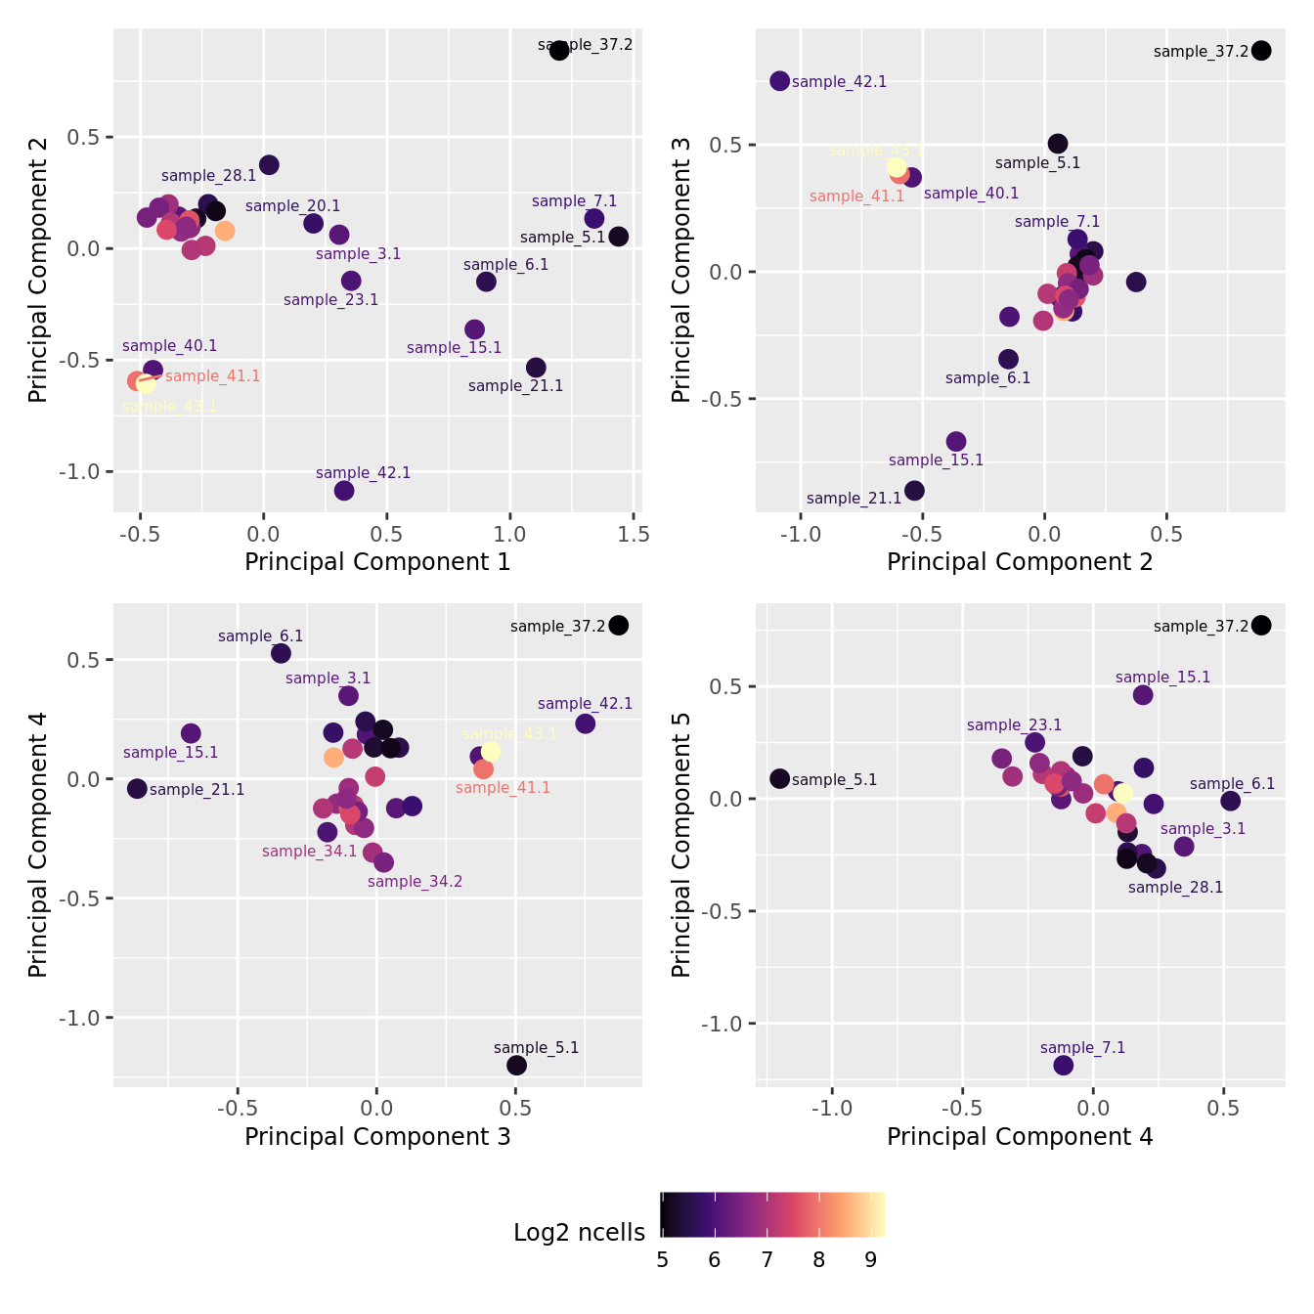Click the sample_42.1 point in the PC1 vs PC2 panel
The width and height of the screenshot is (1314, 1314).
coord(344,491)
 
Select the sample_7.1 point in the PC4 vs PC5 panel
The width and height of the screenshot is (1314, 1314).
coord(1064,1065)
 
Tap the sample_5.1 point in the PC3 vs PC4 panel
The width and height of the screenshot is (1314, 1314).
coord(517,1065)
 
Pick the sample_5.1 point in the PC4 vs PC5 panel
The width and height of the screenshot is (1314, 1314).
coord(779,778)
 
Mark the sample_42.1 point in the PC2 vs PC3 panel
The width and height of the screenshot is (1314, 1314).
coord(779,81)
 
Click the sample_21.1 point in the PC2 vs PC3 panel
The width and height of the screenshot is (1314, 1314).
coord(914,491)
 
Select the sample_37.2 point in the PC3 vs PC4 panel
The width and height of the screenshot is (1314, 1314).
coord(619,625)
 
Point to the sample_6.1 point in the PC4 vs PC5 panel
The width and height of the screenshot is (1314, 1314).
coord(1231,801)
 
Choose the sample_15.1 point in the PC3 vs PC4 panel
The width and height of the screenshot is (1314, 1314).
coord(191,733)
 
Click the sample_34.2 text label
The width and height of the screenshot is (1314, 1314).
coord(415,882)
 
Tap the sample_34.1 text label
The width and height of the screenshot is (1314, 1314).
coord(309,852)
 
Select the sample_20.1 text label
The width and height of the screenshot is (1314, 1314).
coord(292,206)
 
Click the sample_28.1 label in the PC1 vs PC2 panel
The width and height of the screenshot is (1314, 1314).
coord(208,176)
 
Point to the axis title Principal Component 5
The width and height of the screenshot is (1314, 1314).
coord(681,844)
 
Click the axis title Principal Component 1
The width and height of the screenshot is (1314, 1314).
coord(377,562)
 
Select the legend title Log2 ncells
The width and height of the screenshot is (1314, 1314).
coord(579,1233)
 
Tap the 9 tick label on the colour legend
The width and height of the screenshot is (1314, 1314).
coord(871,1260)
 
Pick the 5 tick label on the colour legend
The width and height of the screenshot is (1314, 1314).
coord(663,1260)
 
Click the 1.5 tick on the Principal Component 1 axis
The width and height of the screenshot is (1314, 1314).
coord(634,535)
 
